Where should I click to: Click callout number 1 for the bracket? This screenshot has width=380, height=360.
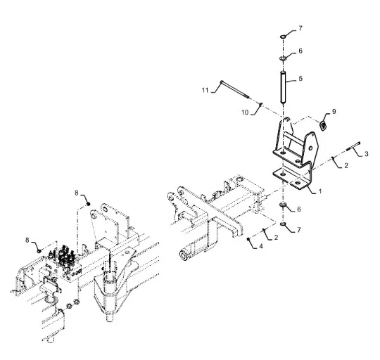[320, 191]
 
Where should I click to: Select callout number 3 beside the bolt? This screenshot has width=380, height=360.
[367, 154]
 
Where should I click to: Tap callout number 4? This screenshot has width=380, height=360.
[261, 246]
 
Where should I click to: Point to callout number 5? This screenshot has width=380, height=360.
[300, 79]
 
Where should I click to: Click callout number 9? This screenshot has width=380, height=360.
[334, 112]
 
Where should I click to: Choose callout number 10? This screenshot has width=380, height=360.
[245, 112]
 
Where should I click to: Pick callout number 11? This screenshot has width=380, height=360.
[205, 90]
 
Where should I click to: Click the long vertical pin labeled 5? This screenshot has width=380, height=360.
[283, 87]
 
